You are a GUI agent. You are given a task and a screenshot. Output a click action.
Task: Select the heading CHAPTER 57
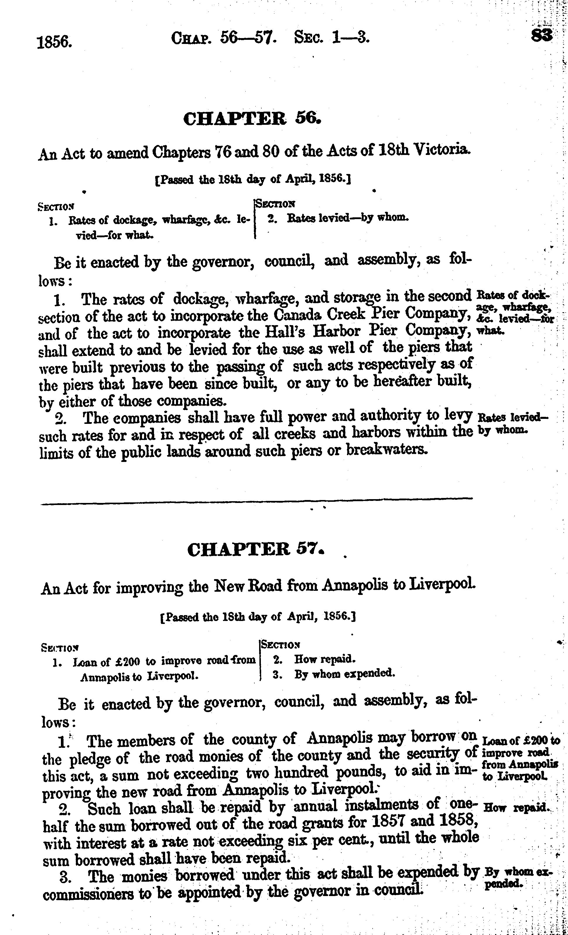[256, 549]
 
